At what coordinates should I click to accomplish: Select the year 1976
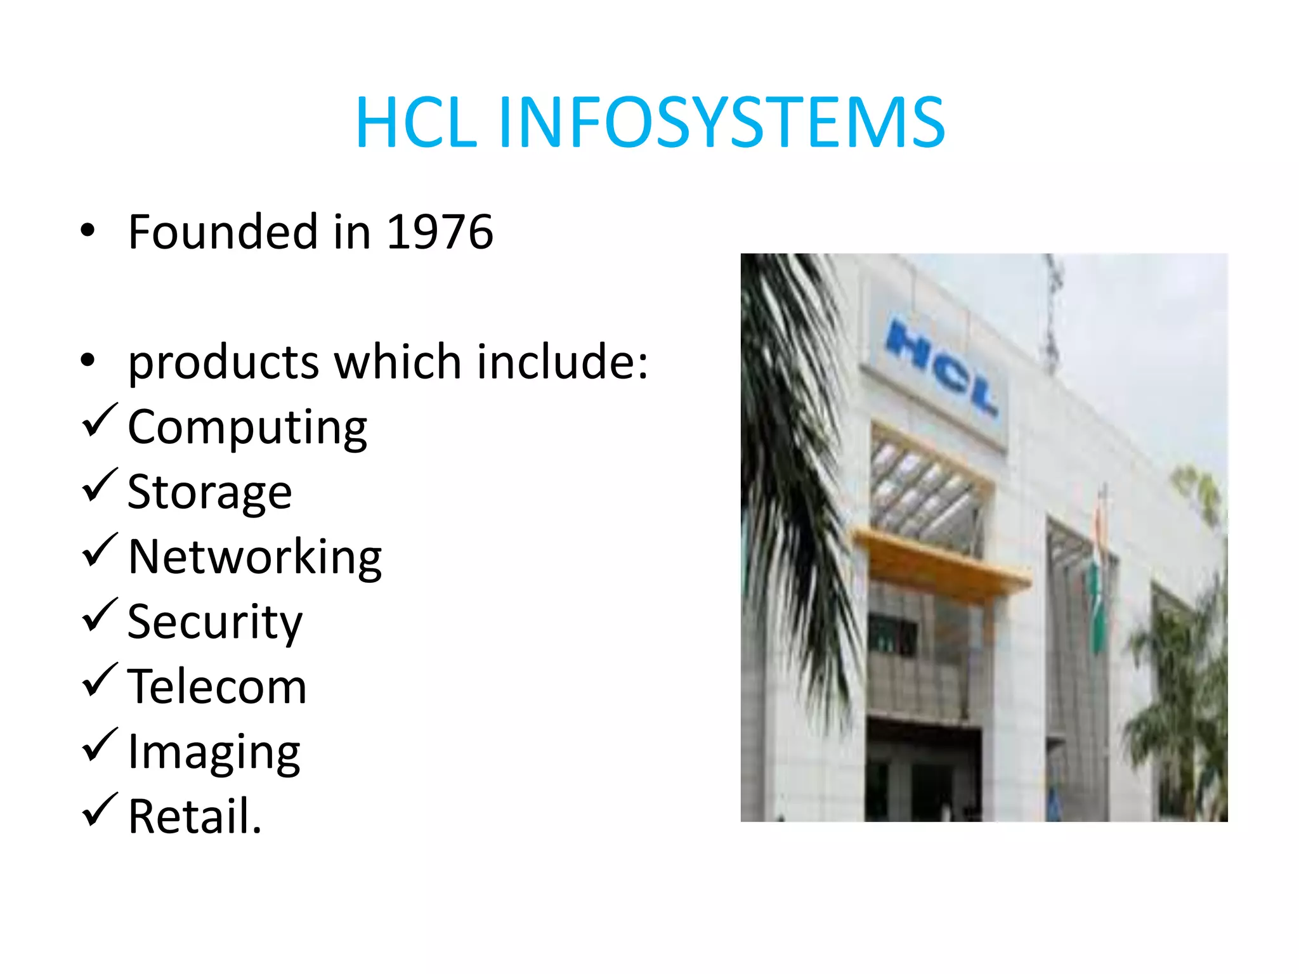tap(440, 232)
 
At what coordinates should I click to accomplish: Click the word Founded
tap(223, 232)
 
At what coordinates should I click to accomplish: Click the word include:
tap(563, 361)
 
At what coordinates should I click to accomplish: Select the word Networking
tap(255, 557)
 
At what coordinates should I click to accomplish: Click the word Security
tap(215, 623)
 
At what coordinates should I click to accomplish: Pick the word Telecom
tap(217, 687)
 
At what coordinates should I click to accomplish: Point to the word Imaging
tap(214, 753)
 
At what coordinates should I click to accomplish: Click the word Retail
tap(195, 817)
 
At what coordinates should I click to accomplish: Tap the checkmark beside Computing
tap(100, 421)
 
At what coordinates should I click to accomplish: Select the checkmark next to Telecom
tap(100, 680)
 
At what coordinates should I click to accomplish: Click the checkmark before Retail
tap(100, 810)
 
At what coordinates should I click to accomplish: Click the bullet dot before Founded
tap(88, 231)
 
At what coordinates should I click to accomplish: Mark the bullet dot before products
tap(88, 361)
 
